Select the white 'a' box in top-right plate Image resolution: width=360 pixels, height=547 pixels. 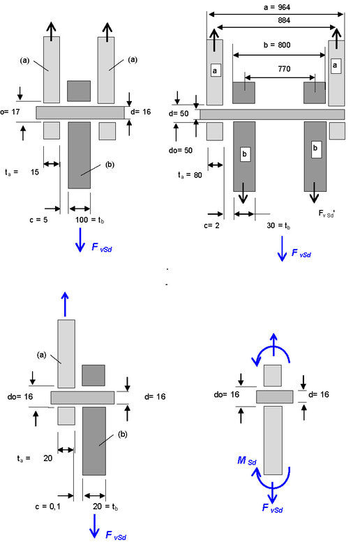tap(336, 65)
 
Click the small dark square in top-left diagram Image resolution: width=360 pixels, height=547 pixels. tap(78, 91)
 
